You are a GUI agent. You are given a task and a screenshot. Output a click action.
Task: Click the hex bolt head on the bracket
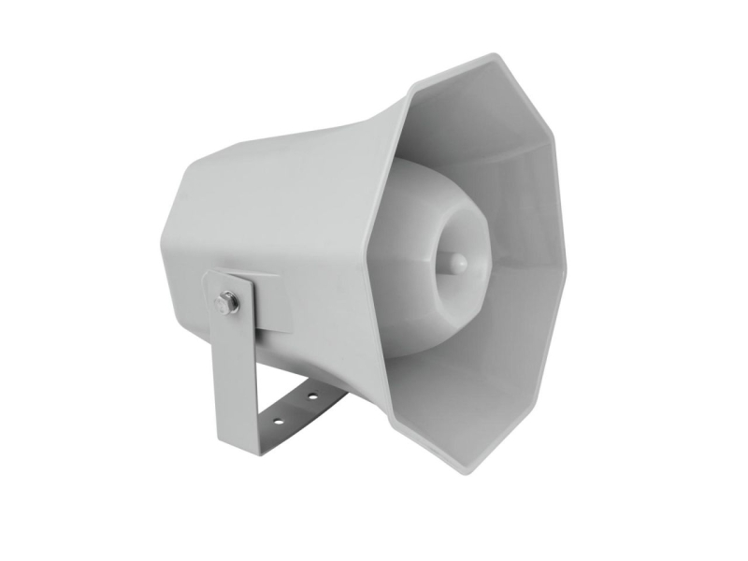(227, 302)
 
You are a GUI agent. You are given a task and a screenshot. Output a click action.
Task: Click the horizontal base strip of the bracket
(290, 411)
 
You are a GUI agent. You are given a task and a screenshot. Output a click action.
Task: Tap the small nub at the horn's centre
(458, 262)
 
